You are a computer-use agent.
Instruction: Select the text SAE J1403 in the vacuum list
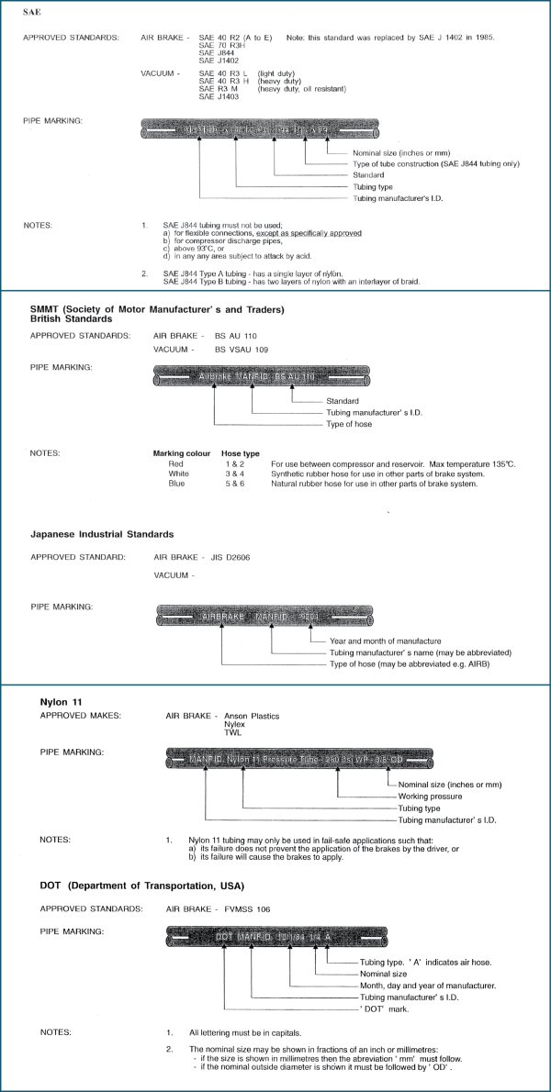click(x=218, y=96)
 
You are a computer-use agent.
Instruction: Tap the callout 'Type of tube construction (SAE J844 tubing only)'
click(x=436, y=163)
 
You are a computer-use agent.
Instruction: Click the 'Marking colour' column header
click(x=181, y=453)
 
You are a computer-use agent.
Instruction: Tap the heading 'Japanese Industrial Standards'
click(x=101, y=534)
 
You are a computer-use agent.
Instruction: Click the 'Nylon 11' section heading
click(x=62, y=702)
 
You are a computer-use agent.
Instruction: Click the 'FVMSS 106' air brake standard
click(x=242, y=908)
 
